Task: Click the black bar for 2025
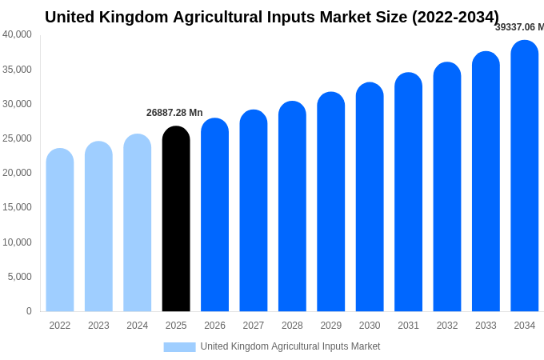coord(176,220)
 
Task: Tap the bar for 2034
coord(525,176)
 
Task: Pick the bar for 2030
coord(370,198)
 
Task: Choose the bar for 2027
coord(254,211)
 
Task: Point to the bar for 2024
coord(138,223)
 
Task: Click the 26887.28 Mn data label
coord(174,113)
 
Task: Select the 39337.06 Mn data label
coord(519,27)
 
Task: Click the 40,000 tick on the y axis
coord(18,34)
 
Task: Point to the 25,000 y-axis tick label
coord(18,138)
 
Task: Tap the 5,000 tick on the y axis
coord(20,277)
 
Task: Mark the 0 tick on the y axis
coord(29,311)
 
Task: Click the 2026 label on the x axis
coord(214,326)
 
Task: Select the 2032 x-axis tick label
coord(447,326)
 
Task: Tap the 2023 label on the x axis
coord(98,326)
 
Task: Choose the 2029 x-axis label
coord(331,326)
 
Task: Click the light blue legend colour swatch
coord(179,347)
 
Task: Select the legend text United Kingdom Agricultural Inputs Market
coord(290,346)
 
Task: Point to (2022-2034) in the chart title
coord(455,17)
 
